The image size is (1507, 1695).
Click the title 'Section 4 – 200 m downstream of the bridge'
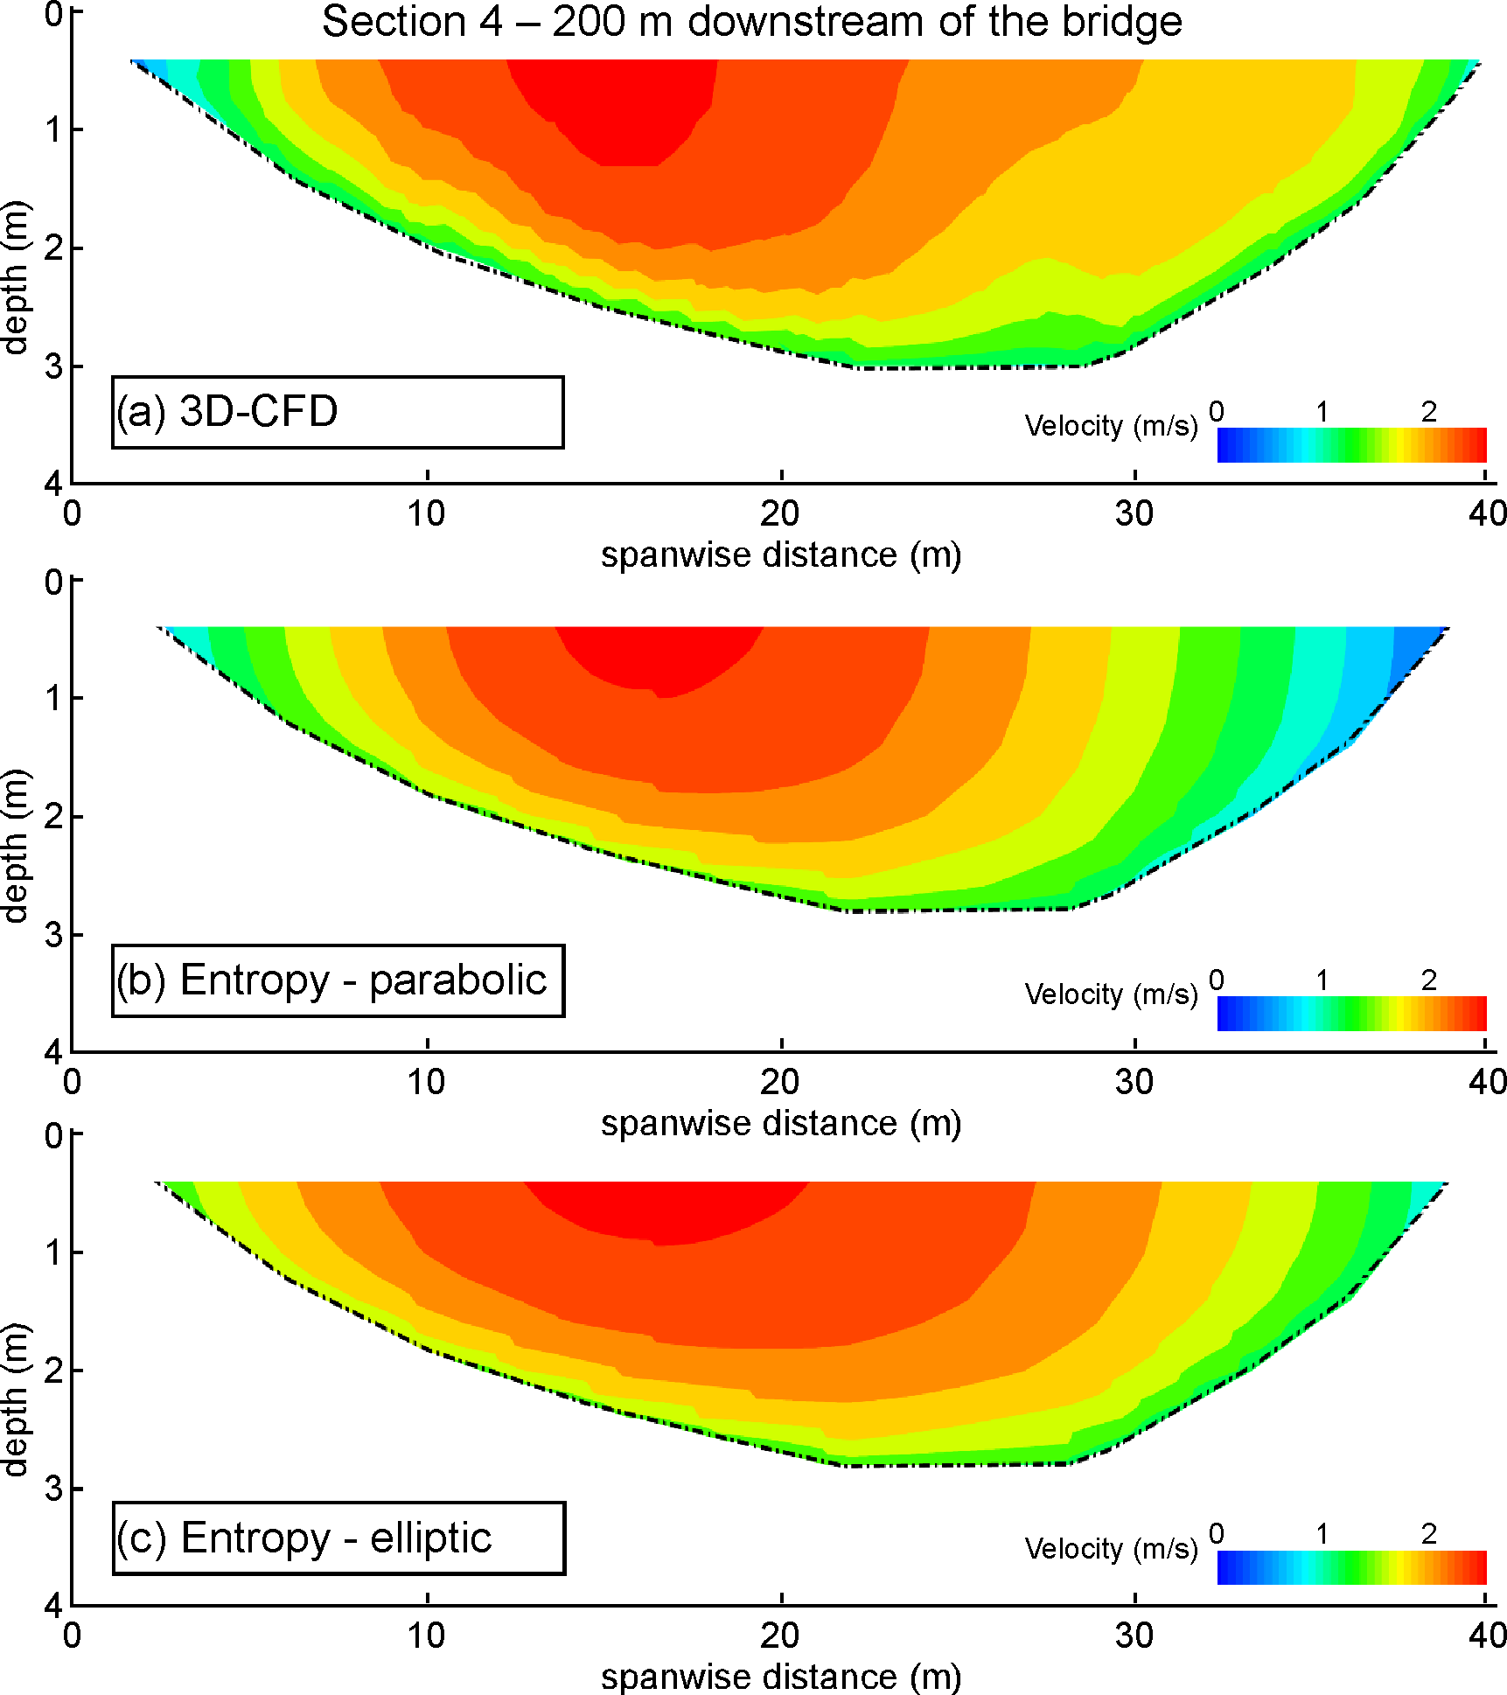point(752,22)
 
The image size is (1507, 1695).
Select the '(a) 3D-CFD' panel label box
point(338,413)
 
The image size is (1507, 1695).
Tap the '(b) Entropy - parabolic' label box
point(338,980)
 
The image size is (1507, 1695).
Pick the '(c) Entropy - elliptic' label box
point(338,1538)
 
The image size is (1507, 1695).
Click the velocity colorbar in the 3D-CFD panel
point(1351,445)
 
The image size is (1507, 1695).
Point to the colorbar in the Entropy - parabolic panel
point(1351,1014)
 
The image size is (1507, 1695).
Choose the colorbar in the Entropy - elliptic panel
point(1351,1567)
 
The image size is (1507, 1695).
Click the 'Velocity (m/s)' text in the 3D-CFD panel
point(1111,427)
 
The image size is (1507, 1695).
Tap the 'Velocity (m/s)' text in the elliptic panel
point(1111,1549)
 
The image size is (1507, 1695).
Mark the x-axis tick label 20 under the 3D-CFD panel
point(779,514)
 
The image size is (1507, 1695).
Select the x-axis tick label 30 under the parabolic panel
point(1134,1083)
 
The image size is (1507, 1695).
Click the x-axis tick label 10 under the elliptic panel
point(426,1636)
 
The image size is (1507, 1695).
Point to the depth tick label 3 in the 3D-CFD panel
point(54,366)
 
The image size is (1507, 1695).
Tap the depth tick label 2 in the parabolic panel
point(54,817)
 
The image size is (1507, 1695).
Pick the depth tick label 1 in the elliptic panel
point(54,1253)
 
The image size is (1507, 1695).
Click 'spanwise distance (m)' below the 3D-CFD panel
point(780,555)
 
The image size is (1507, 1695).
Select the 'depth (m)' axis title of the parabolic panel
point(16,846)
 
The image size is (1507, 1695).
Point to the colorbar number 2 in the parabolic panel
point(1428,980)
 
